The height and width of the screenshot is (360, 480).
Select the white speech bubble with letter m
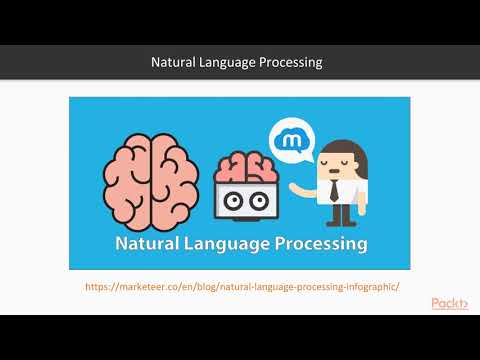291,139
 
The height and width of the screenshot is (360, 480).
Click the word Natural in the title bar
174,62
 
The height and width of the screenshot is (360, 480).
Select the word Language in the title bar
233,62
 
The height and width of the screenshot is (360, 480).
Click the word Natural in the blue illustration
150,243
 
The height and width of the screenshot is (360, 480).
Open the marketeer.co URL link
243,286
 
